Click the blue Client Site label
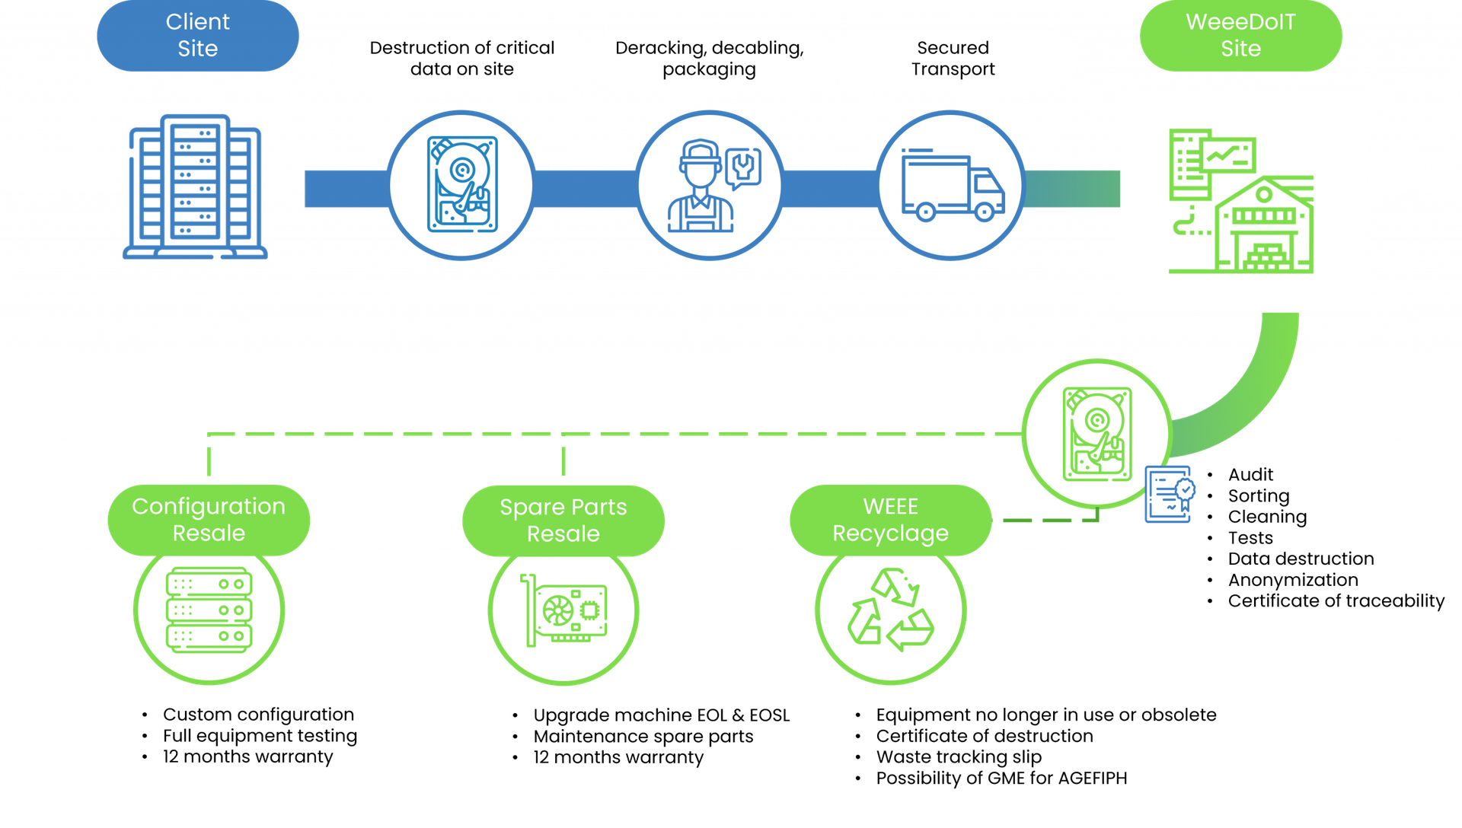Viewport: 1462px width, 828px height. [197, 36]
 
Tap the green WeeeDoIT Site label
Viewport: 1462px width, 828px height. [1240, 36]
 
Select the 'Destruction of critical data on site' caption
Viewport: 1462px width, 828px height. [461, 59]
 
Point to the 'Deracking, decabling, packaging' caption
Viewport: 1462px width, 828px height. [709, 59]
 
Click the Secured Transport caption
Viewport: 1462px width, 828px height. [953, 59]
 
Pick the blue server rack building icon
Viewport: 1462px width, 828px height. [196, 186]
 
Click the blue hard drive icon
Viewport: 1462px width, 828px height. [461, 184]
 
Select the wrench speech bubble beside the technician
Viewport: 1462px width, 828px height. [742, 168]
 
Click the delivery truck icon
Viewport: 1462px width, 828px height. [952, 186]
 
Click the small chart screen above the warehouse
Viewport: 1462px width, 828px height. [1227, 154]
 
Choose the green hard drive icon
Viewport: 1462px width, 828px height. [1096, 434]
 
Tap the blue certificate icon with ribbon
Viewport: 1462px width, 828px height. [1170, 495]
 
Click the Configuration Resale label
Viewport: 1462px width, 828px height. [209, 520]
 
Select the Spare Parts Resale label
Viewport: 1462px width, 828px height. [563, 521]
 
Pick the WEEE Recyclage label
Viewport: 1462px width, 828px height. [890, 520]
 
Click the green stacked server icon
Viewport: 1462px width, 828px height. [209, 610]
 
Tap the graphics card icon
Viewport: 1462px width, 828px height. [563, 610]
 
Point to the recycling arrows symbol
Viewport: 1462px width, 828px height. [890, 610]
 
